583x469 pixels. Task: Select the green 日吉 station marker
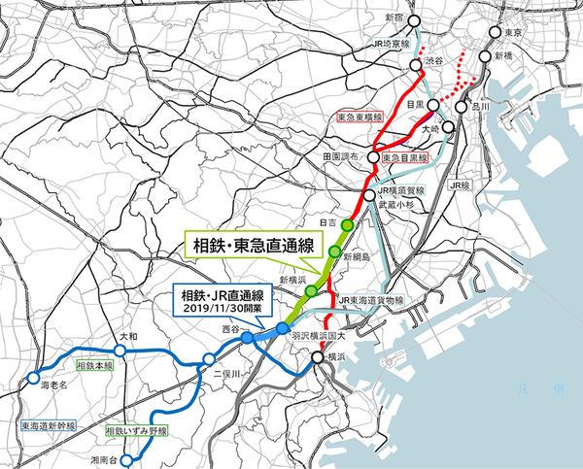tap(347, 224)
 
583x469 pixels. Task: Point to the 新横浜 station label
tap(292, 280)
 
